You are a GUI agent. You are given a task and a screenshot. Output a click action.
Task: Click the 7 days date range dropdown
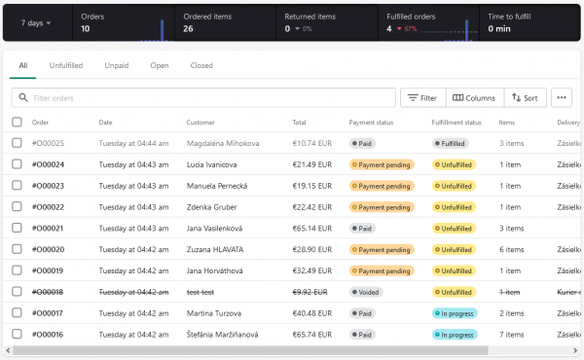[x=36, y=22]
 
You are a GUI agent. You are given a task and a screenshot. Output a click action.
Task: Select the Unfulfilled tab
[x=66, y=65]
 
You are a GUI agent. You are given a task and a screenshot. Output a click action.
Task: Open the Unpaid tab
[x=116, y=65]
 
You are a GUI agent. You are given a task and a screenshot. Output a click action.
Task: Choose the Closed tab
[x=201, y=65]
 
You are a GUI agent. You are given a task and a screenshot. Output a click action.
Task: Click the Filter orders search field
[x=204, y=97]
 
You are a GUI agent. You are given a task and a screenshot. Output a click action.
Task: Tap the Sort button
[x=525, y=97]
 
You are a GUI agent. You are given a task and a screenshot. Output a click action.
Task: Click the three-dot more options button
[x=561, y=97]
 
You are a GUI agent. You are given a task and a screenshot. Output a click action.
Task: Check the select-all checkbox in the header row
[x=17, y=123]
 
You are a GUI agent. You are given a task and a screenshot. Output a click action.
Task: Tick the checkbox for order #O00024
[x=17, y=164]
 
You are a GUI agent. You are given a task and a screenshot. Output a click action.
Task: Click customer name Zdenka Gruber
[x=213, y=207]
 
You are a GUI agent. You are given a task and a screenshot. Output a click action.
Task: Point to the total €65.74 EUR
[x=313, y=334]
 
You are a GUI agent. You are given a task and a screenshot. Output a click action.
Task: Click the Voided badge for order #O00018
[x=366, y=292]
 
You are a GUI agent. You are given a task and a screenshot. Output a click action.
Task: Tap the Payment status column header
[x=371, y=123]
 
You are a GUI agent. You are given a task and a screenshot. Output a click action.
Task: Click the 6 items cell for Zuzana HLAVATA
[x=512, y=249]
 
